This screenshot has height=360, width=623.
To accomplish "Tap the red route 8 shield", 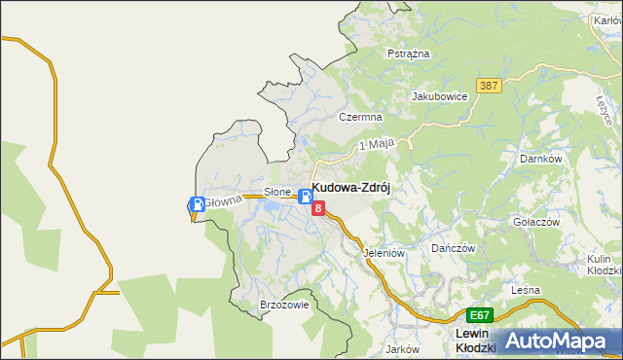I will point(318,207).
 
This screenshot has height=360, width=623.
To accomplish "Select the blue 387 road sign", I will point(489,87).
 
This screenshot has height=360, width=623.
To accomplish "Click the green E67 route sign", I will point(479,316).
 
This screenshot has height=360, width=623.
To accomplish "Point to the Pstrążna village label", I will point(409,54).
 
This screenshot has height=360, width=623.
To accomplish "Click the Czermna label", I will point(359,117).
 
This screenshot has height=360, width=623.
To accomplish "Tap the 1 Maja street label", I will point(376,144).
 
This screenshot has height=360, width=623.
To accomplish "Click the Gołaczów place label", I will point(536,222).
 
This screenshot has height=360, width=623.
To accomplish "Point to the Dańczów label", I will point(453,248).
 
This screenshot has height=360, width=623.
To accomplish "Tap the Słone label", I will point(278,192).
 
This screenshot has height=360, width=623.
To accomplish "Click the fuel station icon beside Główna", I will point(198,204).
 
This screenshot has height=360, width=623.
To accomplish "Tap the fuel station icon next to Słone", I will point(306,196).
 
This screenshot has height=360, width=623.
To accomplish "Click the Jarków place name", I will point(401,349).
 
